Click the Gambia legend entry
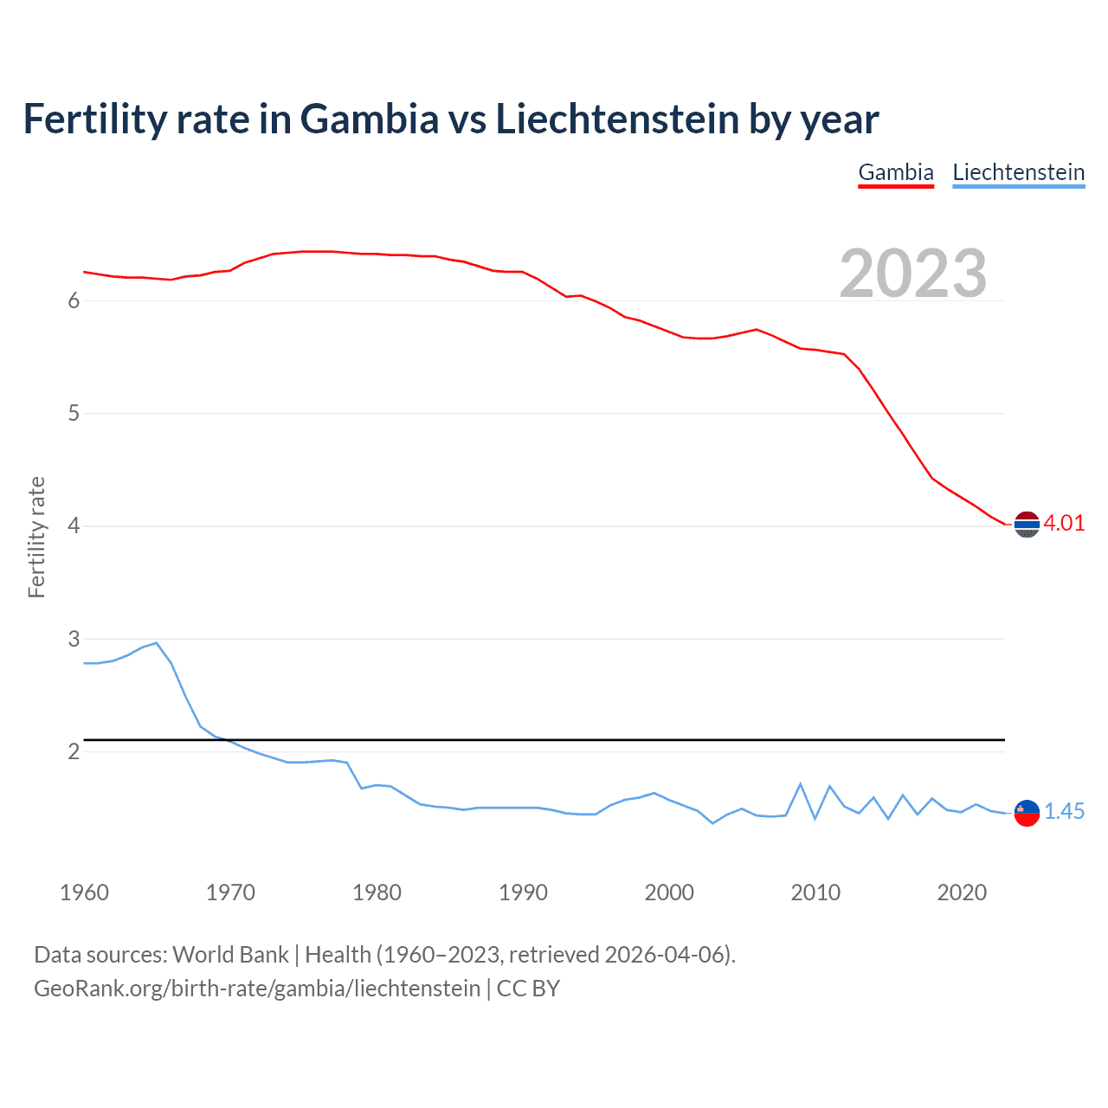tap(896, 172)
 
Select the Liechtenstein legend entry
tap(1018, 172)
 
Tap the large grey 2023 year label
tap(913, 274)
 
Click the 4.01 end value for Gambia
tap(1064, 523)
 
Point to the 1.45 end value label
tap(1064, 811)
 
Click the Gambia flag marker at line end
tap(1027, 525)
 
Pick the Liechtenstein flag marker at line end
tap(1027, 813)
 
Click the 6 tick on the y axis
tap(74, 300)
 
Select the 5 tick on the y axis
tap(74, 413)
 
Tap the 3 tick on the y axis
tap(74, 639)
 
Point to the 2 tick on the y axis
tap(74, 751)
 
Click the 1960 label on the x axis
tap(84, 892)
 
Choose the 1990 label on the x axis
tap(523, 892)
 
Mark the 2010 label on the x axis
tap(815, 892)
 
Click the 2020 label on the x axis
tap(962, 892)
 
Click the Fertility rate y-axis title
tap(36, 537)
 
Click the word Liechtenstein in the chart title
tap(616, 119)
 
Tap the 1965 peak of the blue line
tap(156, 643)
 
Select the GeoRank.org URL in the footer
tap(257, 989)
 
